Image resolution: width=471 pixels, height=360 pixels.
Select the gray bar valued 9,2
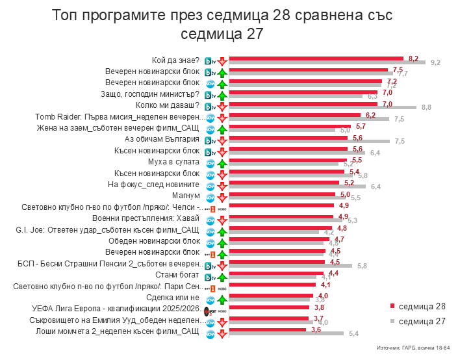[327, 62]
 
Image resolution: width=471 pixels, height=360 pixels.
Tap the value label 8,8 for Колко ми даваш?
[427, 107]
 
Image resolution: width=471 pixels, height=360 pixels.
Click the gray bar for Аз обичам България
[309, 142]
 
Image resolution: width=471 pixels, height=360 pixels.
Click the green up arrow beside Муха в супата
[222, 162]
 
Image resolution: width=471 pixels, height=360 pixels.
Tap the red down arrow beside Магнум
[222, 196]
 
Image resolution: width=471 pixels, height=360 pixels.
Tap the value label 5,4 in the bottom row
[354, 334]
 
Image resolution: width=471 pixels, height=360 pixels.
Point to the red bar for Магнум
[283, 194]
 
